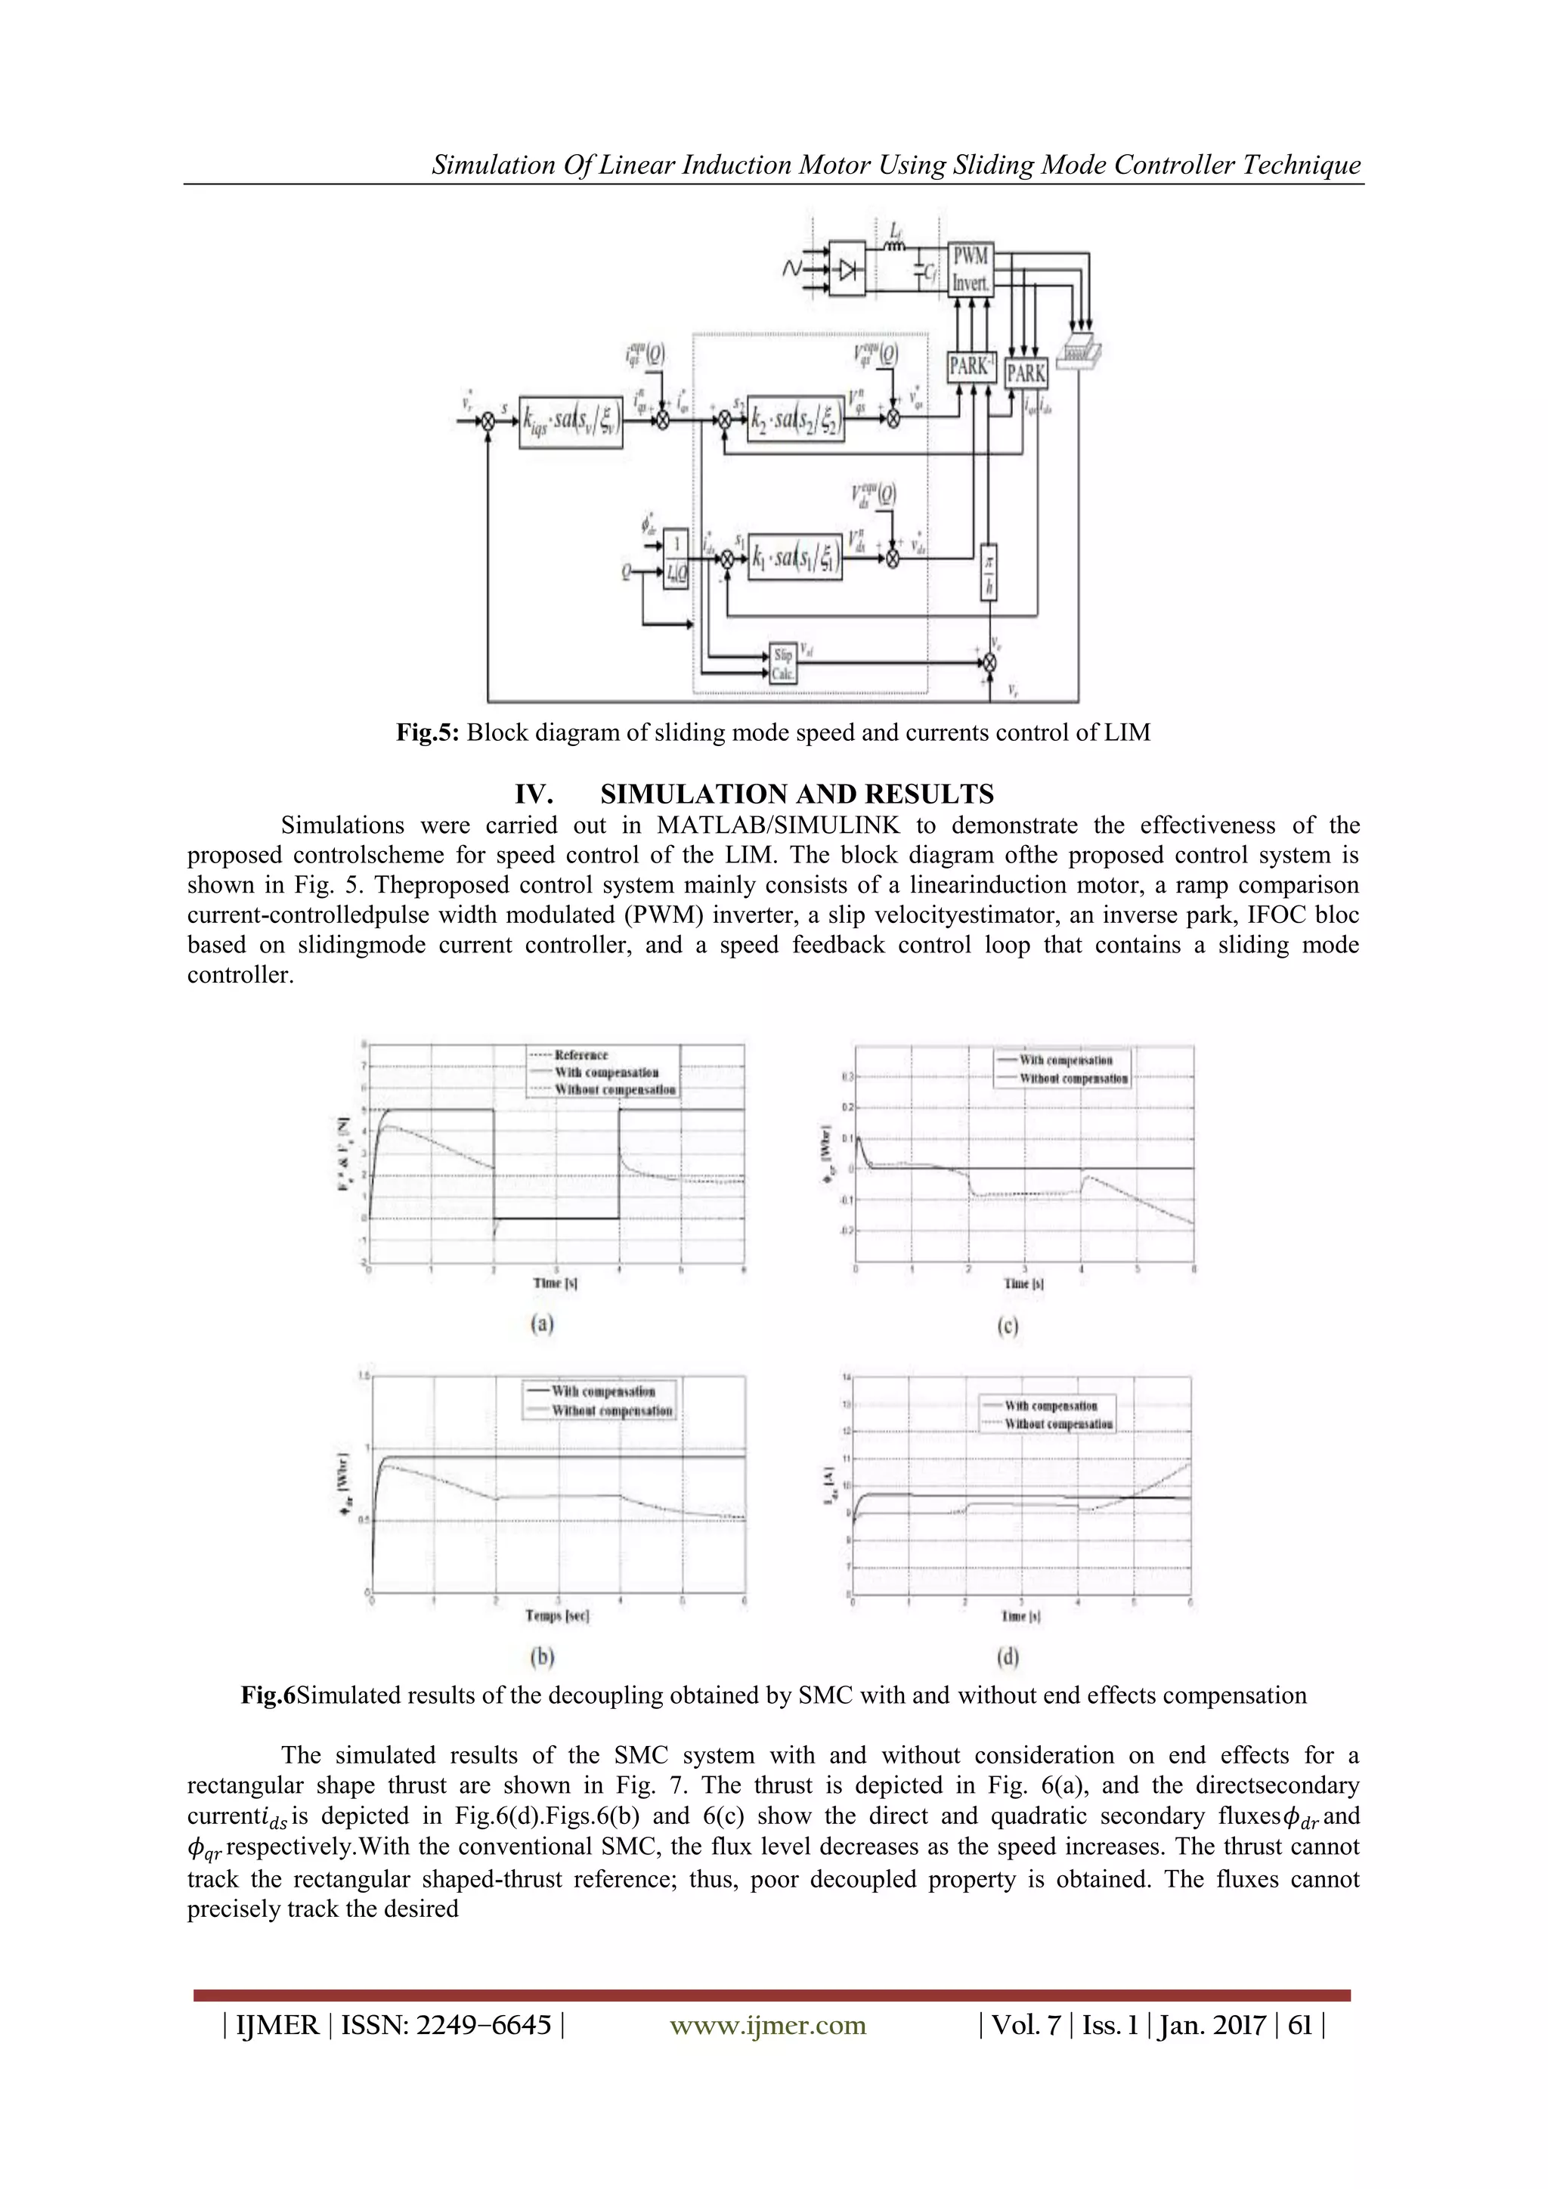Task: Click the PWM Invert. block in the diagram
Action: [971, 270]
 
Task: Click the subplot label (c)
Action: [1008, 1325]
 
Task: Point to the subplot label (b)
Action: [541, 1656]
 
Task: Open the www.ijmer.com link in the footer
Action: [768, 2025]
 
